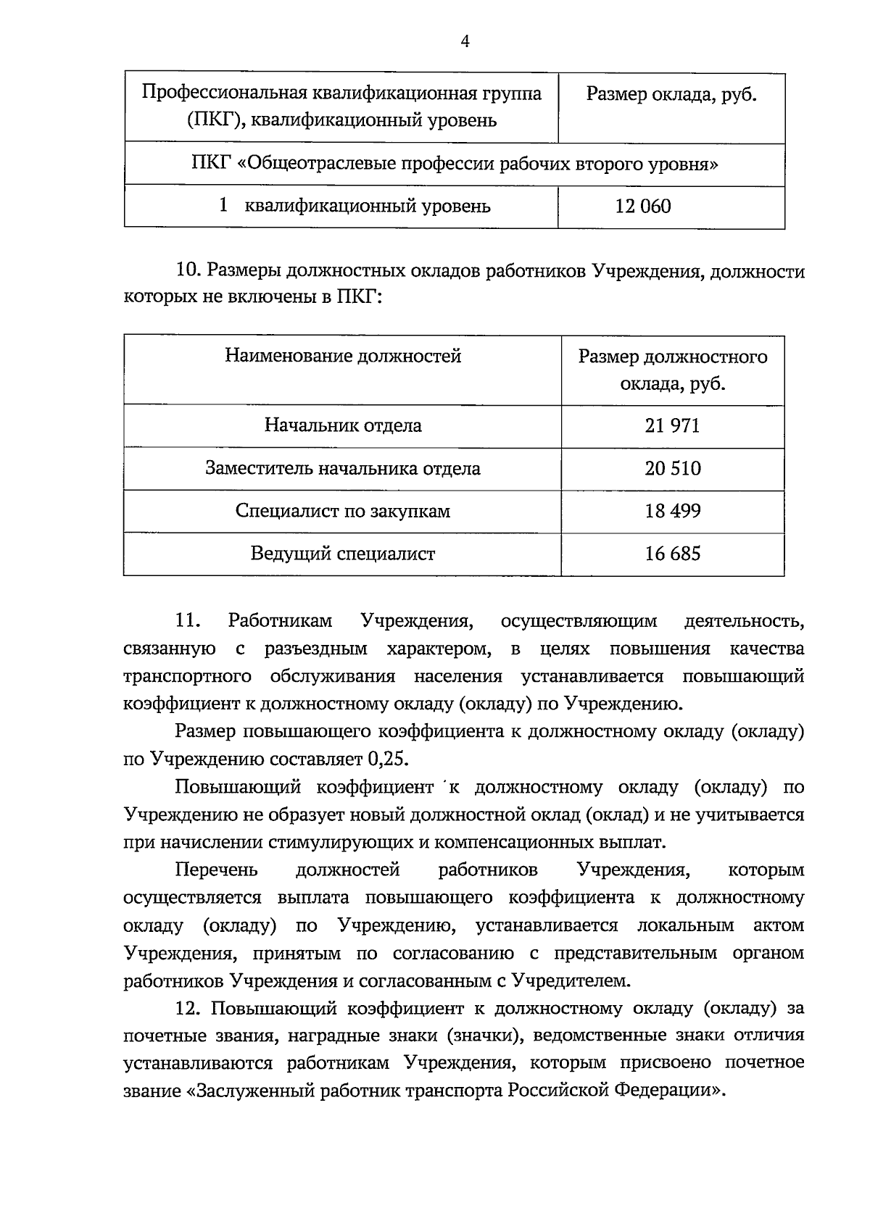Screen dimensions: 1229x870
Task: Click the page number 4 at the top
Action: point(465,42)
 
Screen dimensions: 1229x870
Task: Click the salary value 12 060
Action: point(643,207)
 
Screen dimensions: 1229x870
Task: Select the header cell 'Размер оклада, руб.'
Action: point(671,94)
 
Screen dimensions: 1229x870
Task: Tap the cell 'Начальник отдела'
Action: point(343,425)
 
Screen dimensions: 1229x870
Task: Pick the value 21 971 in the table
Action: point(672,425)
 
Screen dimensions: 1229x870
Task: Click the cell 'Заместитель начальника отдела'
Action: point(343,468)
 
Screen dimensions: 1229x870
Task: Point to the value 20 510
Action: point(672,468)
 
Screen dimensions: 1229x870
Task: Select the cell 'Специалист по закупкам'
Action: point(343,511)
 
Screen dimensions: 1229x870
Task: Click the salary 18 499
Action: point(672,511)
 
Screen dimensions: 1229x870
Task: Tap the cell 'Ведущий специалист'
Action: point(343,554)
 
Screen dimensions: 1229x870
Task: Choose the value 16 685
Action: point(672,554)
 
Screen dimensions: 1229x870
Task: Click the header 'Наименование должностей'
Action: point(343,356)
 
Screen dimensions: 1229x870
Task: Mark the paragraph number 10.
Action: point(187,272)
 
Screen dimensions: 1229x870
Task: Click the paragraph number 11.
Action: point(187,621)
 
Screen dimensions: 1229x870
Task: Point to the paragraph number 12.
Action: point(187,1008)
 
